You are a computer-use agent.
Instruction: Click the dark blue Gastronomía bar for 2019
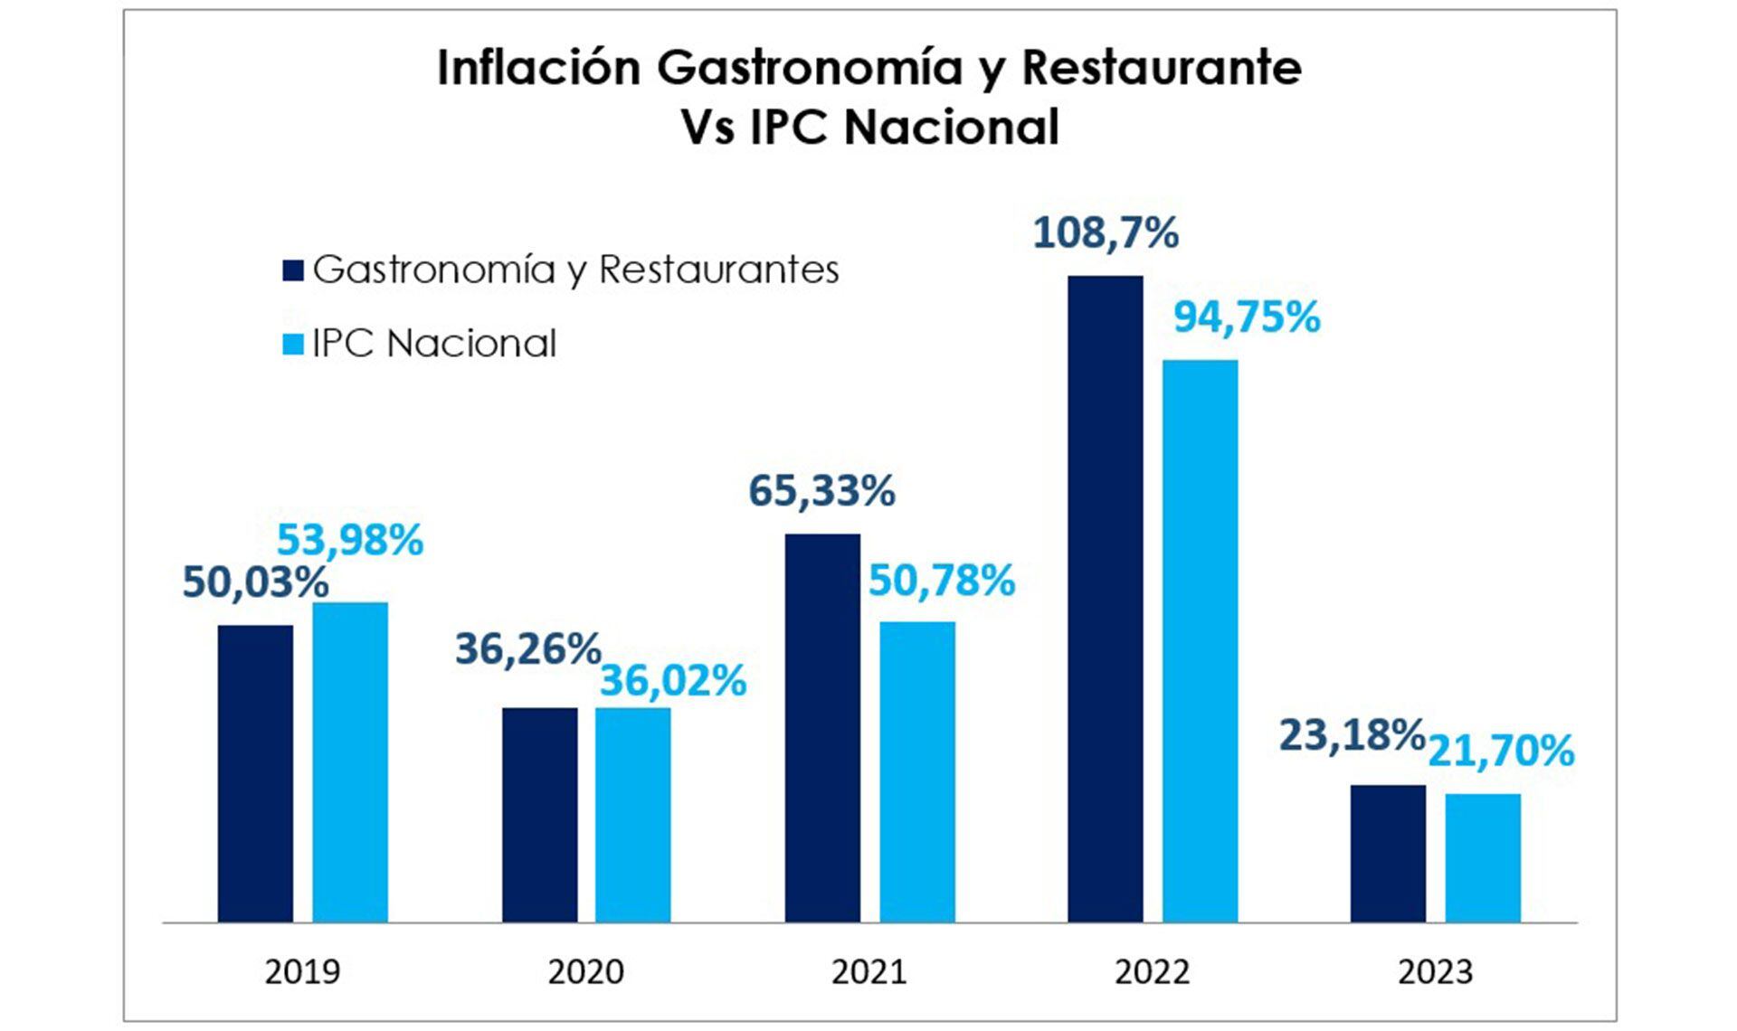(255, 773)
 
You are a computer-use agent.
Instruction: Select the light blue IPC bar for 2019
(350, 762)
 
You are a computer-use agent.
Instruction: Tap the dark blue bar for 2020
(539, 815)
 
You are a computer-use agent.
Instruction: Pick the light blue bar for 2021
(917, 771)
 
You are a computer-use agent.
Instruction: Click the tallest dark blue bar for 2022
(1105, 599)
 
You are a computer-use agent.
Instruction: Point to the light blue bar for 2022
(1200, 641)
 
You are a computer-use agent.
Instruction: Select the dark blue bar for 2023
(1388, 854)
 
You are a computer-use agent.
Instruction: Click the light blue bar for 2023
(1483, 858)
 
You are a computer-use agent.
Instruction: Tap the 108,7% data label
(1106, 232)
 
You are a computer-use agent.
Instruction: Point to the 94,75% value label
(1247, 317)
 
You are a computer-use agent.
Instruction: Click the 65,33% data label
(821, 491)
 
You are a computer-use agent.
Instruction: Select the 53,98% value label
(350, 540)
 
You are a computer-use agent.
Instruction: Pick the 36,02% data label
(673, 681)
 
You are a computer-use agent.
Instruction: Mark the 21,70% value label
(1501, 751)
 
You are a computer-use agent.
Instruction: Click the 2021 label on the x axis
(868, 972)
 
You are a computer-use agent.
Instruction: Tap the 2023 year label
(1435, 972)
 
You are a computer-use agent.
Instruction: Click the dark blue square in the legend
(292, 270)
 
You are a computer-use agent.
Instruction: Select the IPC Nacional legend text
(434, 344)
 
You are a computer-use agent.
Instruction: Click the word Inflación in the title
(539, 68)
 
